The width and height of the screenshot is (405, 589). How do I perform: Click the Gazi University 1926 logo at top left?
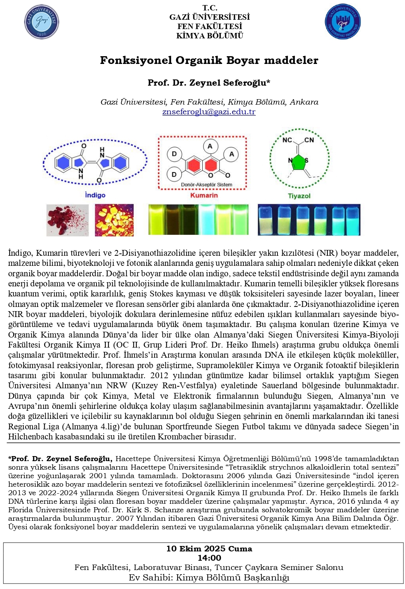41,22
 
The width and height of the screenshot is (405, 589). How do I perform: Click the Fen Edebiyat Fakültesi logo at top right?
342,22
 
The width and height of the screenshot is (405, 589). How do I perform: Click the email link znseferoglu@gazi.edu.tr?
209,112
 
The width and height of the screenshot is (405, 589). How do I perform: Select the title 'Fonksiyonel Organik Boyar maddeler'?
209,60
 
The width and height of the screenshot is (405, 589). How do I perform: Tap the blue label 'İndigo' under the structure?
95,195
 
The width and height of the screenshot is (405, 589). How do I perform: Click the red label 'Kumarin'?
204,195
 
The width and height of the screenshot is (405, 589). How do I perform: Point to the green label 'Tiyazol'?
299,196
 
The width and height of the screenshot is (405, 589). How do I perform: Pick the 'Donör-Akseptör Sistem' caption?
207,185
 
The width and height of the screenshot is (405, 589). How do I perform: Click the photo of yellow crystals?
114,220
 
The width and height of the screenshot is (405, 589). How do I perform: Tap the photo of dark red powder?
67,220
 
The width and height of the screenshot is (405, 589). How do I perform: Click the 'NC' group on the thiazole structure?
287,140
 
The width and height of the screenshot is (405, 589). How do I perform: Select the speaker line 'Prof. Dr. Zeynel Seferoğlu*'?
209,83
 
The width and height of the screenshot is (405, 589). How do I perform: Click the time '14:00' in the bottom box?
209,558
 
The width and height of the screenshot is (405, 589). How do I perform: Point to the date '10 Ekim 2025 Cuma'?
209,549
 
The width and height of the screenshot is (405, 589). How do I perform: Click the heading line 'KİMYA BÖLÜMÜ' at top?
210,36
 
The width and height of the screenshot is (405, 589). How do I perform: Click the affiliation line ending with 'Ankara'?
209,102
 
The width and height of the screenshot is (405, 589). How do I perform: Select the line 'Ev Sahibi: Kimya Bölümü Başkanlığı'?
209,577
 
